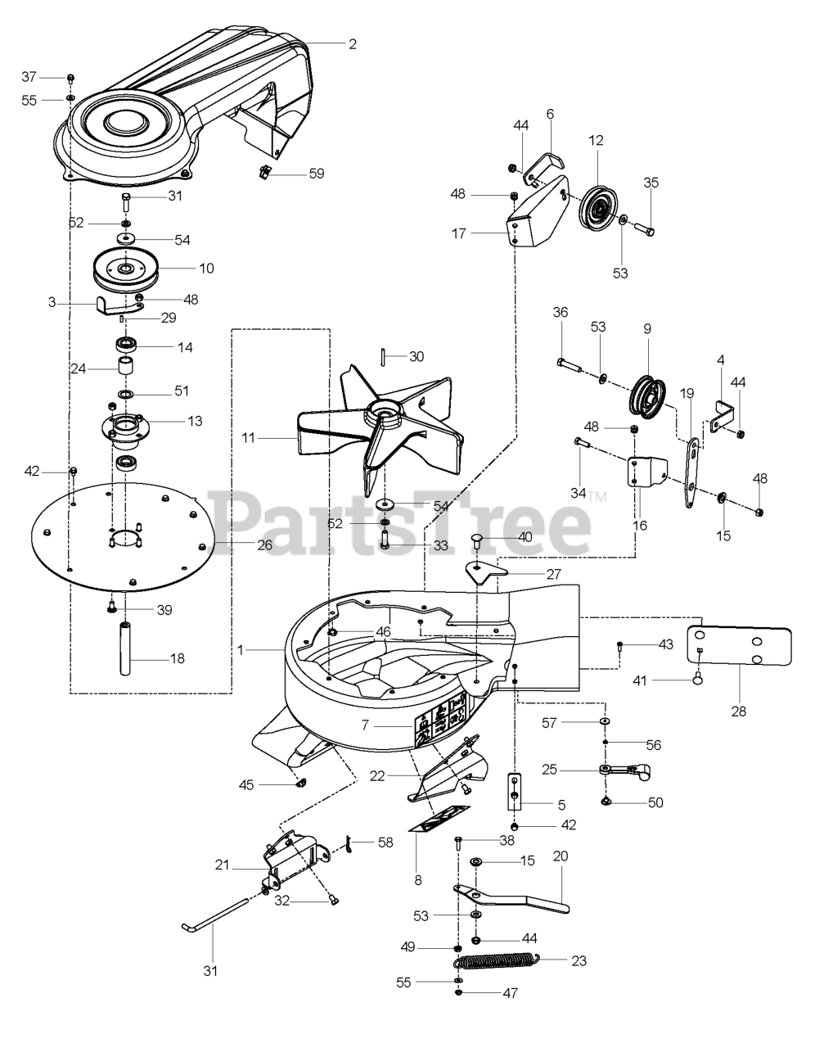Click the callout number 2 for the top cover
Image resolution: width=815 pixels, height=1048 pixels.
point(353,43)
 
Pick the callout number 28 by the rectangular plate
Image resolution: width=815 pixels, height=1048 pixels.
point(739,711)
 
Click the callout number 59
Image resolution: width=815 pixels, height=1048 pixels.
point(315,174)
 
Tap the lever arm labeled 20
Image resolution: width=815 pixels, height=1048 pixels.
point(511,897)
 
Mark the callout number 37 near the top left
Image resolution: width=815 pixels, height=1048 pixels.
point(29,76)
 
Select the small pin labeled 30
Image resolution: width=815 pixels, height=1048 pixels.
point(385,358)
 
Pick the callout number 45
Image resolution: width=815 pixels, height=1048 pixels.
point(246,784)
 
